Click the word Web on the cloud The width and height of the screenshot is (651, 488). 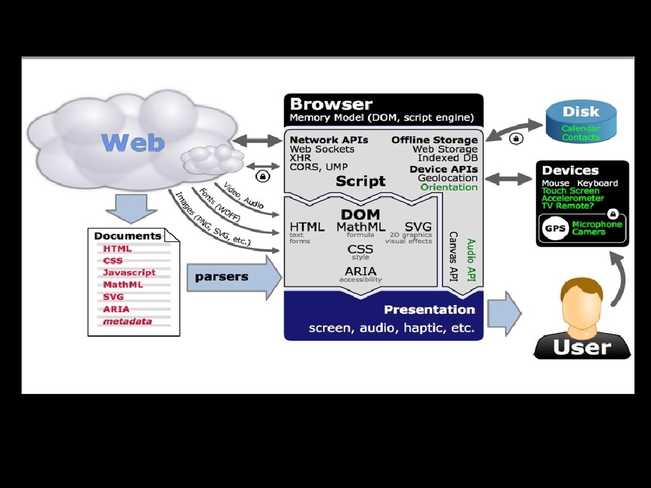[x=132, y=142]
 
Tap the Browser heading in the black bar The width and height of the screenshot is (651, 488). [x=331, y=104]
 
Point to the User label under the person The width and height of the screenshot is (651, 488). [x=581, y=347]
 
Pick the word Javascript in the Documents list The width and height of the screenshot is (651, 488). [x=129, y=273]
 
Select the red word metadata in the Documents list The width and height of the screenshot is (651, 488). [x=127, y=321]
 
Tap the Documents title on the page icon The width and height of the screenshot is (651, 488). [x=127, y=236]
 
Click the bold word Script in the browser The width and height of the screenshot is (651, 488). [x=360, y=181]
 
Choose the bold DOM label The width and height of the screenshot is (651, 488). [x=360, y=215]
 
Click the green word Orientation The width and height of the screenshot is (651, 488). [x=449, y=187]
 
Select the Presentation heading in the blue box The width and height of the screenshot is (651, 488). [x=429, y=310]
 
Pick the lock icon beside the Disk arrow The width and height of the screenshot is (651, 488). [x=516, y=137]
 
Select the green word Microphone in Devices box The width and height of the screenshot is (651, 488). [x=597, y=224]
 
